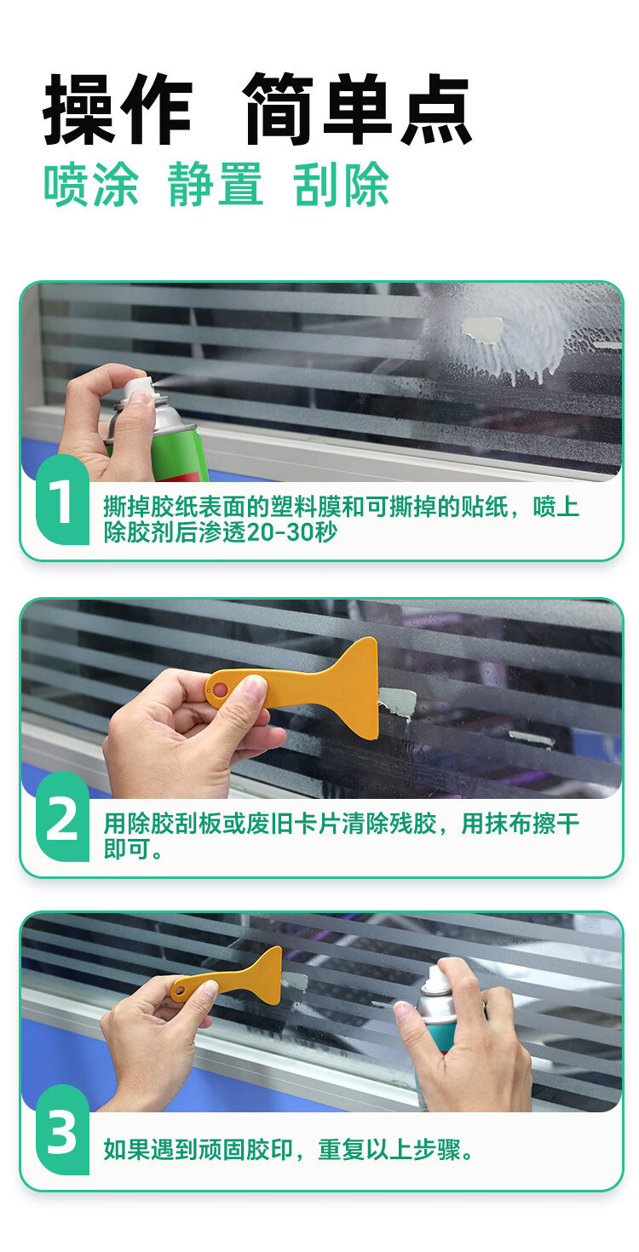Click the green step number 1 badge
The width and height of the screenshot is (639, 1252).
(x=62, y=500)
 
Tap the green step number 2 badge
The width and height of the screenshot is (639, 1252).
(x=62, y=817)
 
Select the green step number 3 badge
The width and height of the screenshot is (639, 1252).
(x=62, y=1131)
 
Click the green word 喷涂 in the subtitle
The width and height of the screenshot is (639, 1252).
(x=91, y=185)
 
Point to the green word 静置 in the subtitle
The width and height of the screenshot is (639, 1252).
(x=216, y=185)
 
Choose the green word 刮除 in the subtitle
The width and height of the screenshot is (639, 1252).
(x=341, y=185)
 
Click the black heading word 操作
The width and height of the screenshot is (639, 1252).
(x=118, y=109)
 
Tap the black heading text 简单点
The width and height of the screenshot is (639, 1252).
(x=359, y=109)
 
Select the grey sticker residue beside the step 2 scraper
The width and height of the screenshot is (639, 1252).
(x=398, y=703)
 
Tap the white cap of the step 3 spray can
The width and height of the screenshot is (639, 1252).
(x=438, y=980)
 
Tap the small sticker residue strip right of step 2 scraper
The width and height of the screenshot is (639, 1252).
(x=532, y=738)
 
